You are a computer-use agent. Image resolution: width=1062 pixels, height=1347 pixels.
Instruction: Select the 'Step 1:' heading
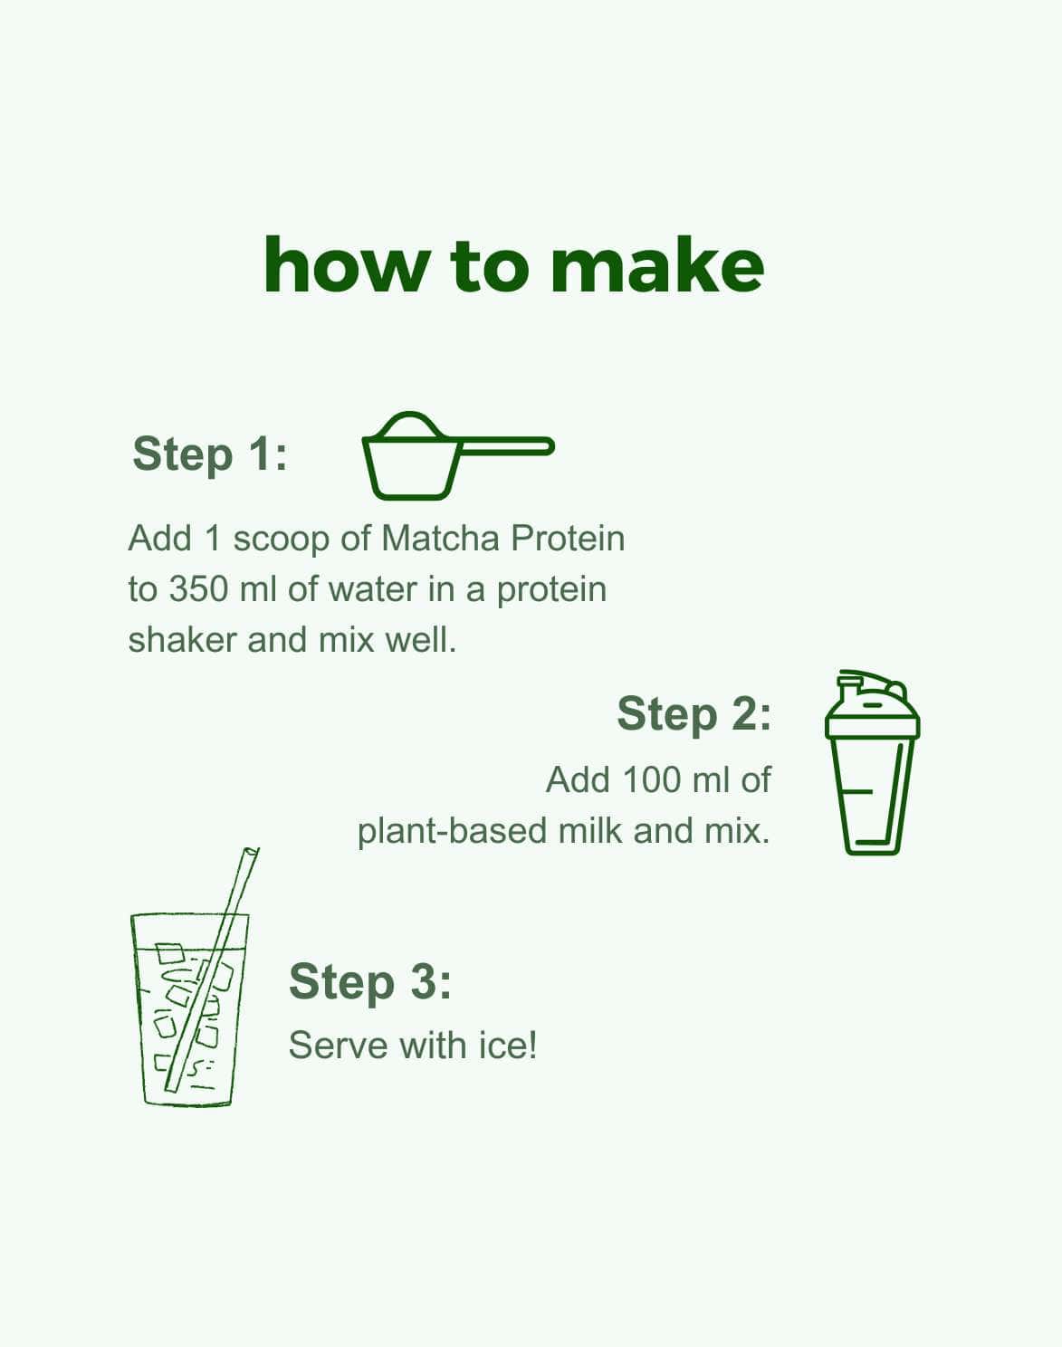pos(210,454)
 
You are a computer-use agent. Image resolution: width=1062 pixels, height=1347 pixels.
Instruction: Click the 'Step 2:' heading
pos(694,713)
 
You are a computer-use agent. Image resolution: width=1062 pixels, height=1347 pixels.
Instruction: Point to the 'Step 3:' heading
pos(369,981)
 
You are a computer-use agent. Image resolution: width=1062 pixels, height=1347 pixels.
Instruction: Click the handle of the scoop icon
pos(507,446)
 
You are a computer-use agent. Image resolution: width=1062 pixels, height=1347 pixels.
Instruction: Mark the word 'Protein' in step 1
pos(568,539)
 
